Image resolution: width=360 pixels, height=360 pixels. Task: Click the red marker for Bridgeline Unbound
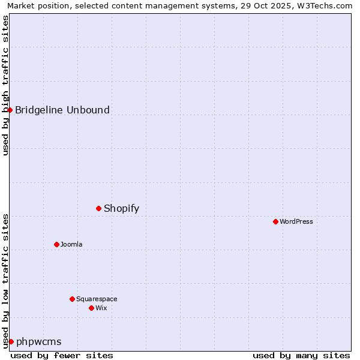click(10, 110)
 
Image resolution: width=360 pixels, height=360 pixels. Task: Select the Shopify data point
click(99, 208)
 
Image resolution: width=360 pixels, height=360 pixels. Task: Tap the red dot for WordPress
click(275, 221)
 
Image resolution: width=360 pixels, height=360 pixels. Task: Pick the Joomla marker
click(57, 244)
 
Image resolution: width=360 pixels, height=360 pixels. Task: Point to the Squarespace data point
click(72, 299)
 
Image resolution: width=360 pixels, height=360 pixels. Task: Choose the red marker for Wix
click(91, 308)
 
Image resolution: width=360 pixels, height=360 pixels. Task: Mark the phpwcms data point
click(11, 341)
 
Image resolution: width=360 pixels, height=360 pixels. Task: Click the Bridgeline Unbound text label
click(62, 110)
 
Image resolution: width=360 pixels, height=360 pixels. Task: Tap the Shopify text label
click(121, 209)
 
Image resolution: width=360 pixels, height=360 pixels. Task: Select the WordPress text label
click(296, 221)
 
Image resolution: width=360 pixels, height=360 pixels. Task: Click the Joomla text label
click(71, 244)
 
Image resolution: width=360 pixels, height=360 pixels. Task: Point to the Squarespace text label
click(97, 299)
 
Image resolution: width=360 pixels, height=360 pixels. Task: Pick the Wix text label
click(101, 308)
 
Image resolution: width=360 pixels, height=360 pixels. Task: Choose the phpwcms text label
click(39, 342)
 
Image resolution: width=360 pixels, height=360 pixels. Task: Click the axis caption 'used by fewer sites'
click(62, 355)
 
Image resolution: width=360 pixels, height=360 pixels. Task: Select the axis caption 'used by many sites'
click(301, 355)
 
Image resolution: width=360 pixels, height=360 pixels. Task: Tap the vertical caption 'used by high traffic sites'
click(6, 85)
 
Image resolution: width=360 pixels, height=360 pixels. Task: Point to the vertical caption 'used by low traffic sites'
click(6, 280)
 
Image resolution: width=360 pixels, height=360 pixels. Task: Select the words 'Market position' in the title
click(34, 6)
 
